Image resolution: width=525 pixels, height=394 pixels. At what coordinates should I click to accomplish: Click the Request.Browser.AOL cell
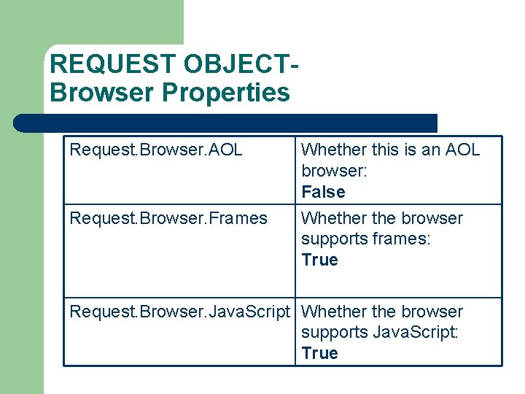(156, 150)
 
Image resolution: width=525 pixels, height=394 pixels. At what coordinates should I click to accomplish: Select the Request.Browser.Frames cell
(168, 218)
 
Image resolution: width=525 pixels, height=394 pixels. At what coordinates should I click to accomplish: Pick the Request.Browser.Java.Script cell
(179, 312)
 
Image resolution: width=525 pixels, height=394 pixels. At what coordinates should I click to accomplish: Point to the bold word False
(323, 192)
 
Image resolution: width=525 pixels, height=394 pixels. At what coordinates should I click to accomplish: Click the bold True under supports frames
(319, 260)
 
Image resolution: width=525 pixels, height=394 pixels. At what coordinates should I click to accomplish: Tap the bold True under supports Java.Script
(319, 353)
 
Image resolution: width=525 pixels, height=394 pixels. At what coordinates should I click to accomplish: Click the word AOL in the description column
(462, 150)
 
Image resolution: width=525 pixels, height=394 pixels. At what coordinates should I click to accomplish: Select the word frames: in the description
(401, 239)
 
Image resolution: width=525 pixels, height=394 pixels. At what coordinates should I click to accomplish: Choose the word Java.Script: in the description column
(416, 333)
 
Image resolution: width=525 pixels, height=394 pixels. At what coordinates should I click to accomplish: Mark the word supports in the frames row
(335, 239)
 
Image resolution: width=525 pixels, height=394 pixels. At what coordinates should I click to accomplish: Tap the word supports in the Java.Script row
(335, 333)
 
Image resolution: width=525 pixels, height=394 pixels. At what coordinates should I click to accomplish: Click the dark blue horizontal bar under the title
(226, 123)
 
